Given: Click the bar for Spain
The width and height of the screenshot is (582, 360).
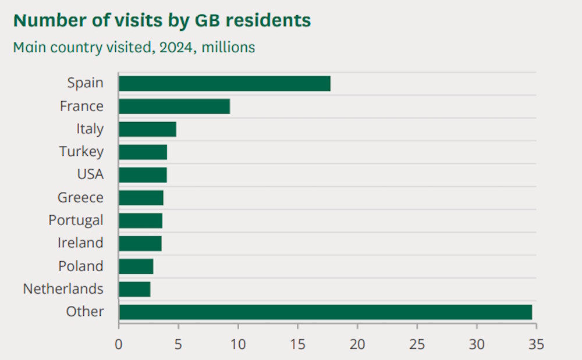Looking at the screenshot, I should point(225,83).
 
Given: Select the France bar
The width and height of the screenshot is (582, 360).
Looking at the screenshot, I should point(174,106).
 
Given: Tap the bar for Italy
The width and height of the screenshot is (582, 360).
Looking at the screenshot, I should point(147,129).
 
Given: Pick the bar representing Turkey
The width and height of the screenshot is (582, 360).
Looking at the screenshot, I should point(143,152).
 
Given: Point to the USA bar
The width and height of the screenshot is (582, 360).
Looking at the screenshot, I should point(143,174).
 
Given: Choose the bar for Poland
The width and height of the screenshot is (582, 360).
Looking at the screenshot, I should point(136,266).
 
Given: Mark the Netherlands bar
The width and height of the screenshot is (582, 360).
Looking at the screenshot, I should point(134,289).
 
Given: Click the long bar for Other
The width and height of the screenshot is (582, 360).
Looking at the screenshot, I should point(325,312).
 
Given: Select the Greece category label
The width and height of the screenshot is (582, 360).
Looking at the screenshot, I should point(80,198).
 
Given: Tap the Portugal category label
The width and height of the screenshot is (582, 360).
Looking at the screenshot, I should point(76,220).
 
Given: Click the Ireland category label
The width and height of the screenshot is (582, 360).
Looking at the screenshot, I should point(80,243).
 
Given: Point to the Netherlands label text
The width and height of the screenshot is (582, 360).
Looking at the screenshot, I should point(63,289).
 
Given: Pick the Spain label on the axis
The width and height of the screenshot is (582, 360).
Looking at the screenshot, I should point(85,83).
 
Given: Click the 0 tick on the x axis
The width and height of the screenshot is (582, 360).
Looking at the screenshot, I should point(119,344).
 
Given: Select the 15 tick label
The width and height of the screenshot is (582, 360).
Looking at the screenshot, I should point(297,344).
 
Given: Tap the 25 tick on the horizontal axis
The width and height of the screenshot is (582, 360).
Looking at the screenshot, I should point(417,344).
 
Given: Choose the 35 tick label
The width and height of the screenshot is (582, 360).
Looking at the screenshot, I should point(536,344).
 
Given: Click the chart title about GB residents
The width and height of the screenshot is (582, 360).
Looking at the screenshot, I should point(162,21).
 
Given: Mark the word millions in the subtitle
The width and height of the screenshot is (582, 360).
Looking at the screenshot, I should point(229,47).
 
